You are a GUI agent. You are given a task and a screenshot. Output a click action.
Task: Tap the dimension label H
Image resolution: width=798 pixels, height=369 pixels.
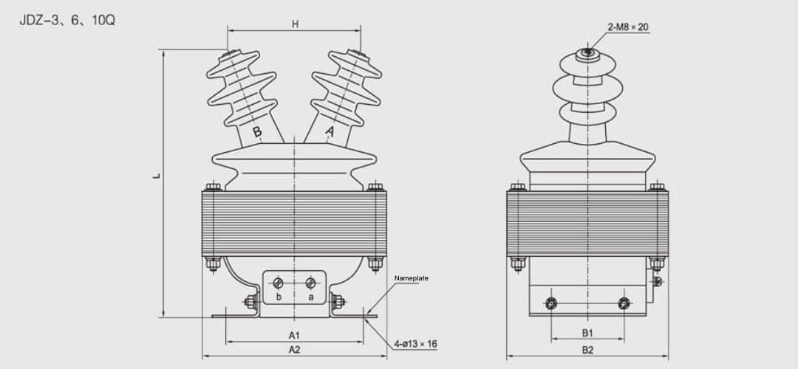click(295, 24)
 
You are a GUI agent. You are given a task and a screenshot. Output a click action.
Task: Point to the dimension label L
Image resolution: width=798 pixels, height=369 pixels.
click(157, 176)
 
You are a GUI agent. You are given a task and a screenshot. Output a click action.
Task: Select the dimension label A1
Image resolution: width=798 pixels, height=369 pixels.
click(294, 335)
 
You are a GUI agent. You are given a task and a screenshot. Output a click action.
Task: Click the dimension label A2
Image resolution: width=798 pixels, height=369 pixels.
click(294, 349)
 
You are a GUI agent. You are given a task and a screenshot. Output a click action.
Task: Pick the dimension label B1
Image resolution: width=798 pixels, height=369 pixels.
click(587, 334)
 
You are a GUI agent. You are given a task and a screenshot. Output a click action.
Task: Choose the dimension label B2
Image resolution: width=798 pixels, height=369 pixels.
click(587, 350)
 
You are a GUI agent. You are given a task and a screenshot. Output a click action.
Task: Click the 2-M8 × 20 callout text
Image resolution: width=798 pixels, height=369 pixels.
click(628, 27)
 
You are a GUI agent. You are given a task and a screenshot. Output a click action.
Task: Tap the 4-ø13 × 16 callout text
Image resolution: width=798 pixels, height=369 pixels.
click(415, 344)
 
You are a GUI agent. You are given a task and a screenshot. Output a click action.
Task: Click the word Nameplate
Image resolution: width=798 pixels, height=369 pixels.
click(411, 278)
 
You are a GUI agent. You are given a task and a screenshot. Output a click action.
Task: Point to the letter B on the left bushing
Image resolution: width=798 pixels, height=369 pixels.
click(257, 132)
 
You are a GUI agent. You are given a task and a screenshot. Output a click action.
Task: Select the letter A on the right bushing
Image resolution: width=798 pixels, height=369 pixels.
click(330, 132)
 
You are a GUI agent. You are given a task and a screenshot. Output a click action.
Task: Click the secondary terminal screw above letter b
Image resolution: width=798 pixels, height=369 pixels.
click(279, 283)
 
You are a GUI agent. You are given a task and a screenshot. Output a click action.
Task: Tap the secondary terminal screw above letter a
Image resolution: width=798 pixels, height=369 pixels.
click(311, 283)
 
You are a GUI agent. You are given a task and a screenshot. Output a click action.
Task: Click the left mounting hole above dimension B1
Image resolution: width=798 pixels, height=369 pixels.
click(550, 303)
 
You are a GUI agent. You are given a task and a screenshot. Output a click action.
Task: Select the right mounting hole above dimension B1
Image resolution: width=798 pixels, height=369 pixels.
click(624, 303)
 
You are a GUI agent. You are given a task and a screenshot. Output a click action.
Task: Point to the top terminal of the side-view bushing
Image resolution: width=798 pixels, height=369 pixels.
click(587, 52)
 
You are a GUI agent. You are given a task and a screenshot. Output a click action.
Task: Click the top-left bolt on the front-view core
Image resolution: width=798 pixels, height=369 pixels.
click(213, 187)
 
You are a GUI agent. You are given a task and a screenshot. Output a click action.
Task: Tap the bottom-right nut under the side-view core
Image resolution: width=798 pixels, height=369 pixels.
click(656, 263)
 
